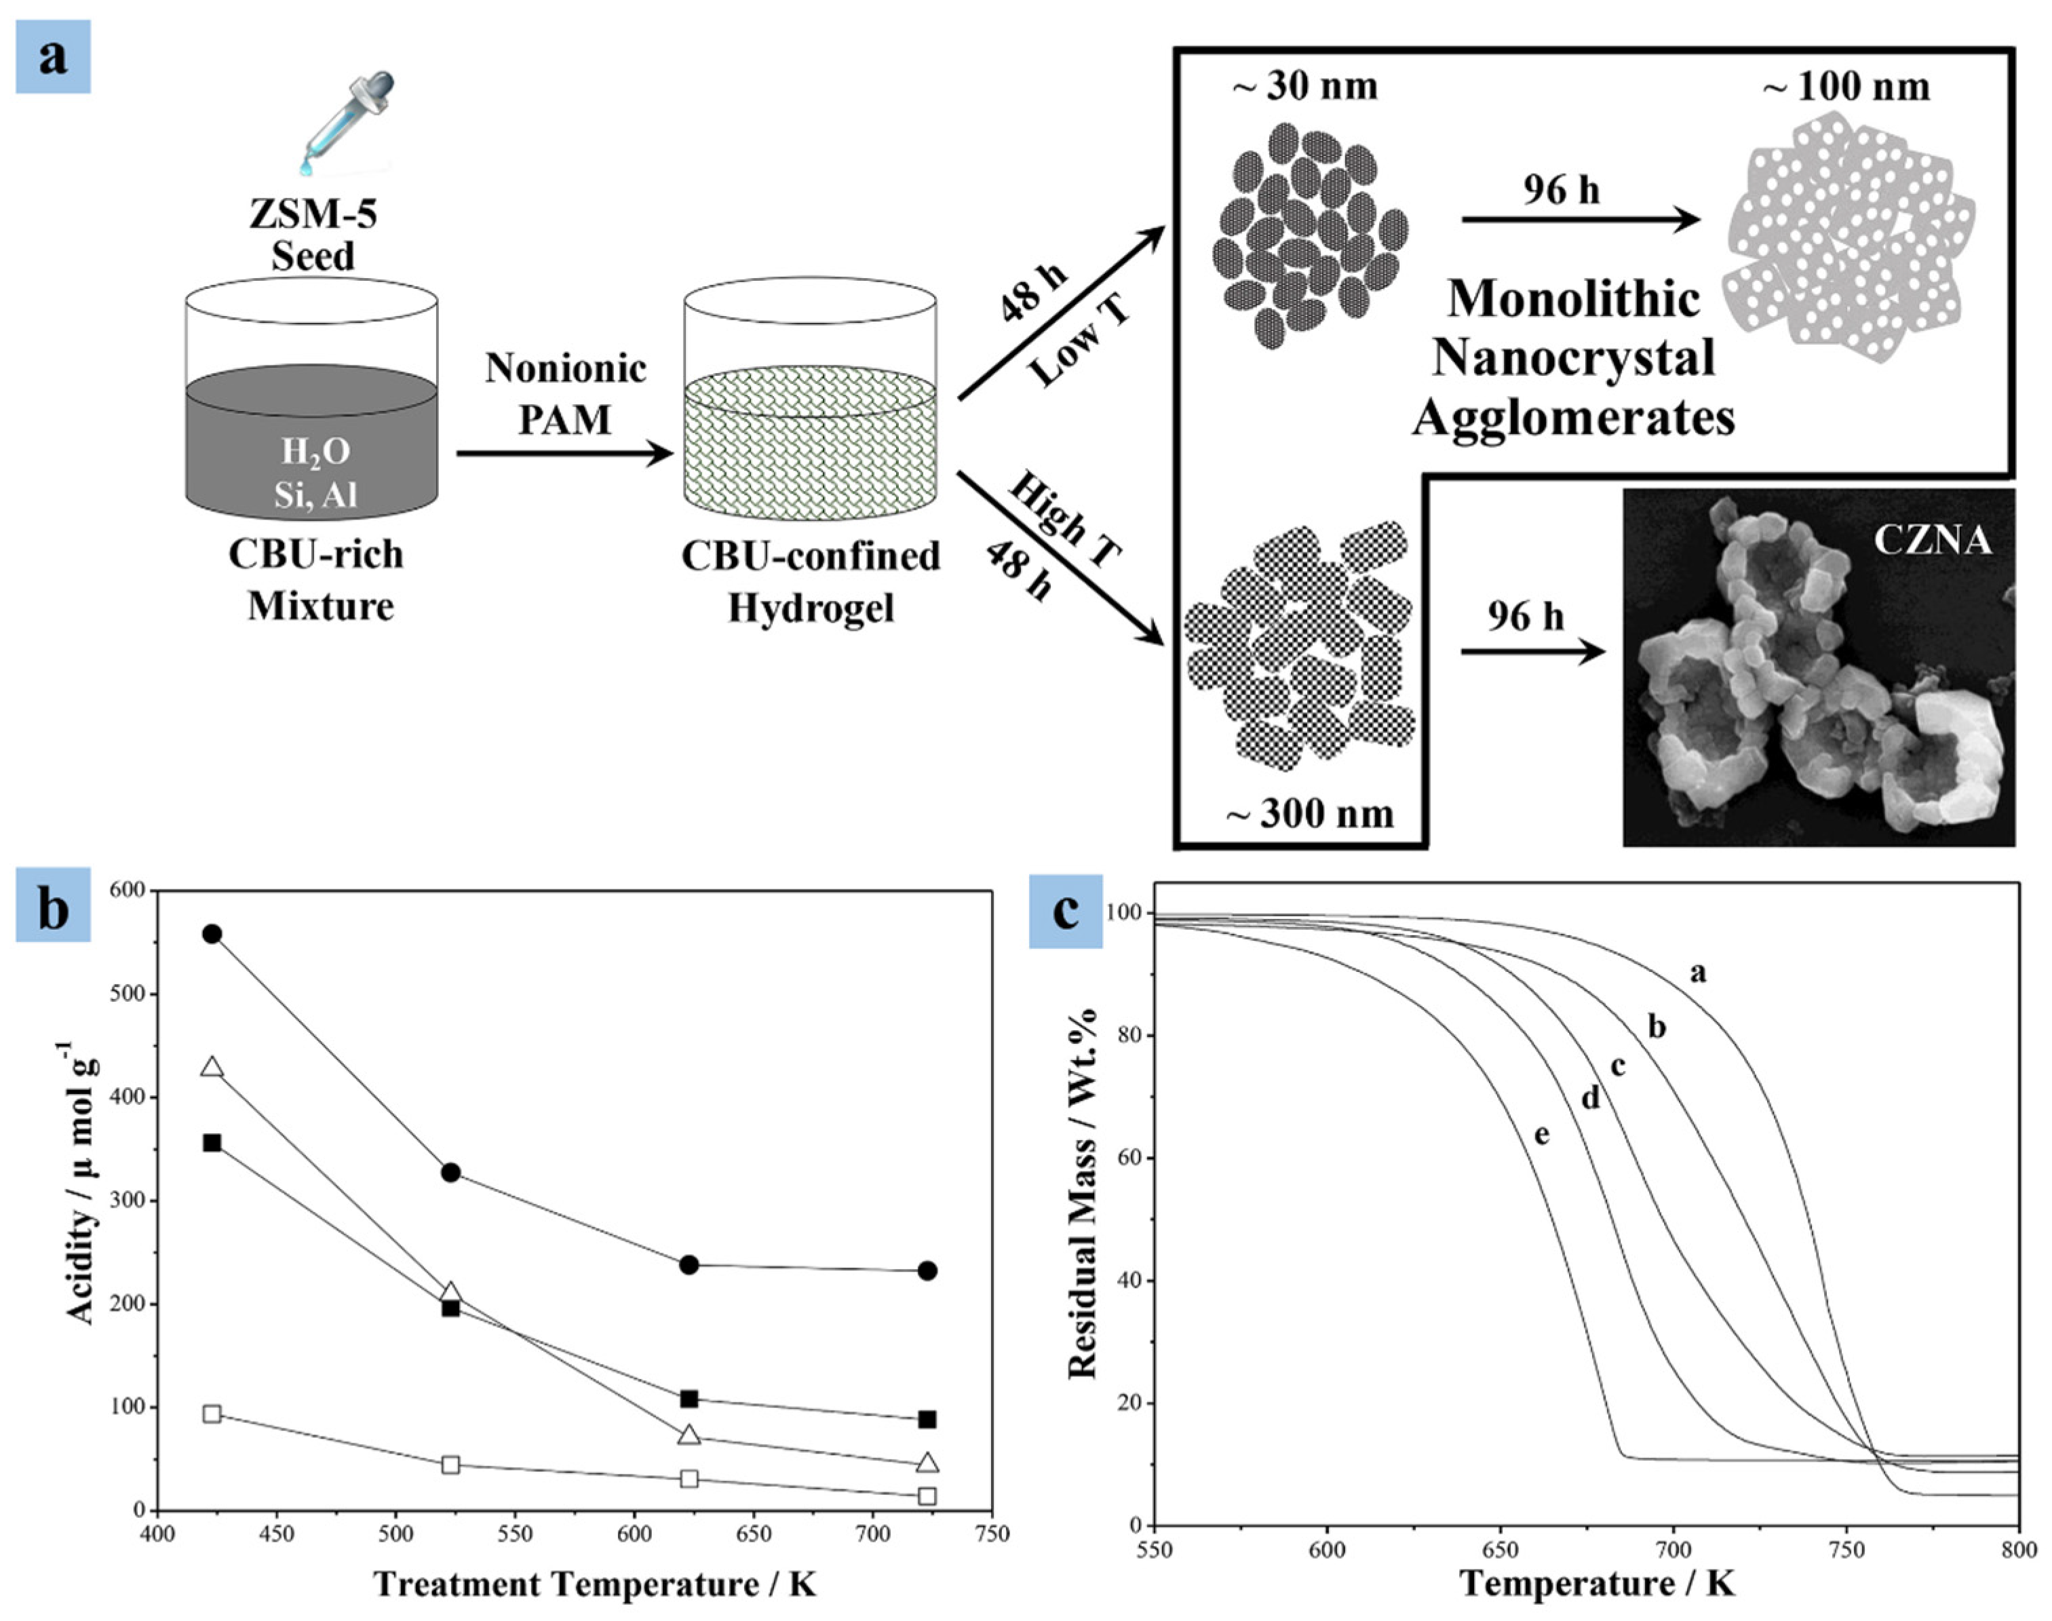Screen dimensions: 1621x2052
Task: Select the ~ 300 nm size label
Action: (x=1310, y=813)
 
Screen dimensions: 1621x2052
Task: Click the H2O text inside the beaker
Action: (x=315, y=452)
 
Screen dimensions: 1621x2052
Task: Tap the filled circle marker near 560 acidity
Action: (x=212, y=934)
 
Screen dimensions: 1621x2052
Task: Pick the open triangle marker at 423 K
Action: (x=212, y=1068)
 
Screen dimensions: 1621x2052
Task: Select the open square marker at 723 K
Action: (x=927, y=1496)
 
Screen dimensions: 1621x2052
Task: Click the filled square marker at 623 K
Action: (x=690, y=1399)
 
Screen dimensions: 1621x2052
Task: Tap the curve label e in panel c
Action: (x=1543, y=1134)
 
